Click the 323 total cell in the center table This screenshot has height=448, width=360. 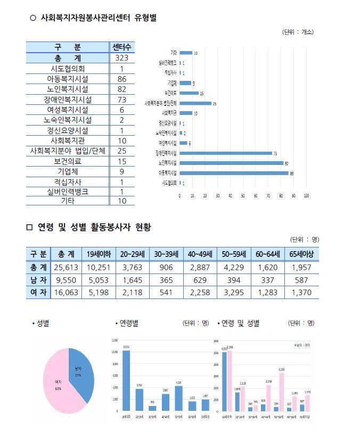coord(121,58)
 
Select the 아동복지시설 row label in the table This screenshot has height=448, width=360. coord(68,79)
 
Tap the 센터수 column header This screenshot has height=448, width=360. coord(121,47)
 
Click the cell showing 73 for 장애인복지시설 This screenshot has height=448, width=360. coord(121,99)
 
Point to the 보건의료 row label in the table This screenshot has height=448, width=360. coord(68,161)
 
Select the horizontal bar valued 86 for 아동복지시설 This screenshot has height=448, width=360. coord(234,173)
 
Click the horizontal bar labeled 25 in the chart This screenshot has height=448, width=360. coord(195,103)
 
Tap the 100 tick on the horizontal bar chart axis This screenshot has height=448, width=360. coord(306,196)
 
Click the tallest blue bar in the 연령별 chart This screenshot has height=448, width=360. coord(126,381)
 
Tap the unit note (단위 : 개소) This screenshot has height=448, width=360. coord(298,32)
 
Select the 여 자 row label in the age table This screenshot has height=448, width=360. coord(38,292)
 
